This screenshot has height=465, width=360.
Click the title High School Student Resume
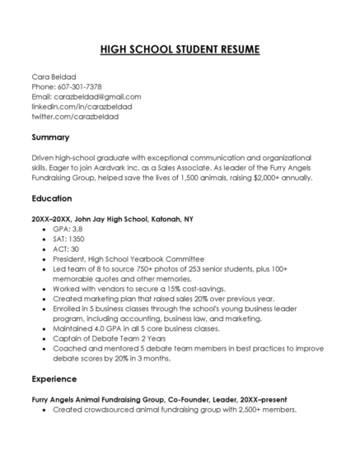pos(180,49)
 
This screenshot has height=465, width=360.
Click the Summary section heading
pos(50,137)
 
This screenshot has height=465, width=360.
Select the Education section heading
pos(52,198)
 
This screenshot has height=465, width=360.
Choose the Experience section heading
pos(54,379)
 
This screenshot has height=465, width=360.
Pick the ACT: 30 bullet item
pos(65,249)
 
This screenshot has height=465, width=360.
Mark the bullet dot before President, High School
pos(44,259)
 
